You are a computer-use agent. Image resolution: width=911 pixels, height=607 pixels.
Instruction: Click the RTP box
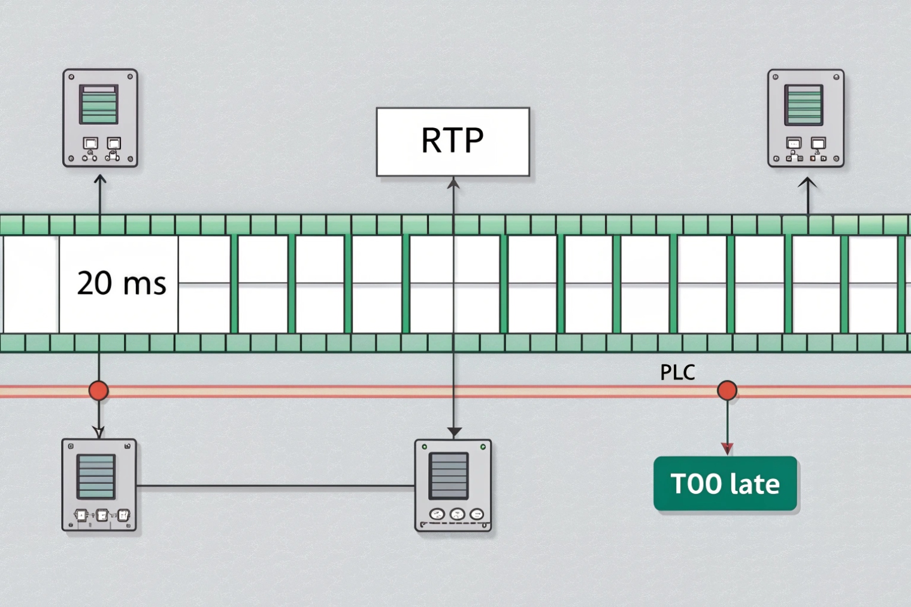click(453, 142)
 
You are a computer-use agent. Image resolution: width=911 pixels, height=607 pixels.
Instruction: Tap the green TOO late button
click(725, 484)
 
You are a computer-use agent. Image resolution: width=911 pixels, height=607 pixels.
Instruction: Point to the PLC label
click(677, 372)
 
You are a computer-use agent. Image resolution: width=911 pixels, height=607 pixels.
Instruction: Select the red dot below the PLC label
click(727, 390)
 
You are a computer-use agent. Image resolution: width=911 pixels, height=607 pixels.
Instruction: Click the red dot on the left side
click(99, 390)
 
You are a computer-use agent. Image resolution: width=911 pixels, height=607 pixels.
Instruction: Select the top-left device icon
click(100, 118)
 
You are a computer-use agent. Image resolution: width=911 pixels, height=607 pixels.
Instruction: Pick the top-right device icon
click(806, 118)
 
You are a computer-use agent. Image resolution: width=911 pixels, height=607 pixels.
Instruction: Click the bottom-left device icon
click(99, 485)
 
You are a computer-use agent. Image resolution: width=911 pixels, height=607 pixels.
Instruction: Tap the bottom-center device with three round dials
click(453, 485)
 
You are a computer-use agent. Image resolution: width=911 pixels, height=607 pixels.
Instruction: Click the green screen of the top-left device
click(99, 104)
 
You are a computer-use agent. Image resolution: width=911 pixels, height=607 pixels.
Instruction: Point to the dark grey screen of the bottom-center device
click(449, 475)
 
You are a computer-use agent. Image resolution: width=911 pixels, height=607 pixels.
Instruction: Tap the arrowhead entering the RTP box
click(453, 183)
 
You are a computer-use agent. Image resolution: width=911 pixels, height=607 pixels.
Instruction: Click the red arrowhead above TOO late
click(727, 448)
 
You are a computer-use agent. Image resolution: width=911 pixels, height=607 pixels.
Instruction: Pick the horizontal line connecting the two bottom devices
click(276, 486)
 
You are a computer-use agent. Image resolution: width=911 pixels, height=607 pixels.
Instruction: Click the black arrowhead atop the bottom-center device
click(454, 432)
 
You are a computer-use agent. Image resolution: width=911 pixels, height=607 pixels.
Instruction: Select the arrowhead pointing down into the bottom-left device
click(99, 432)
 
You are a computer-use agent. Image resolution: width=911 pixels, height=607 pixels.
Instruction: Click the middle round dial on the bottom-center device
click(457, 514)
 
